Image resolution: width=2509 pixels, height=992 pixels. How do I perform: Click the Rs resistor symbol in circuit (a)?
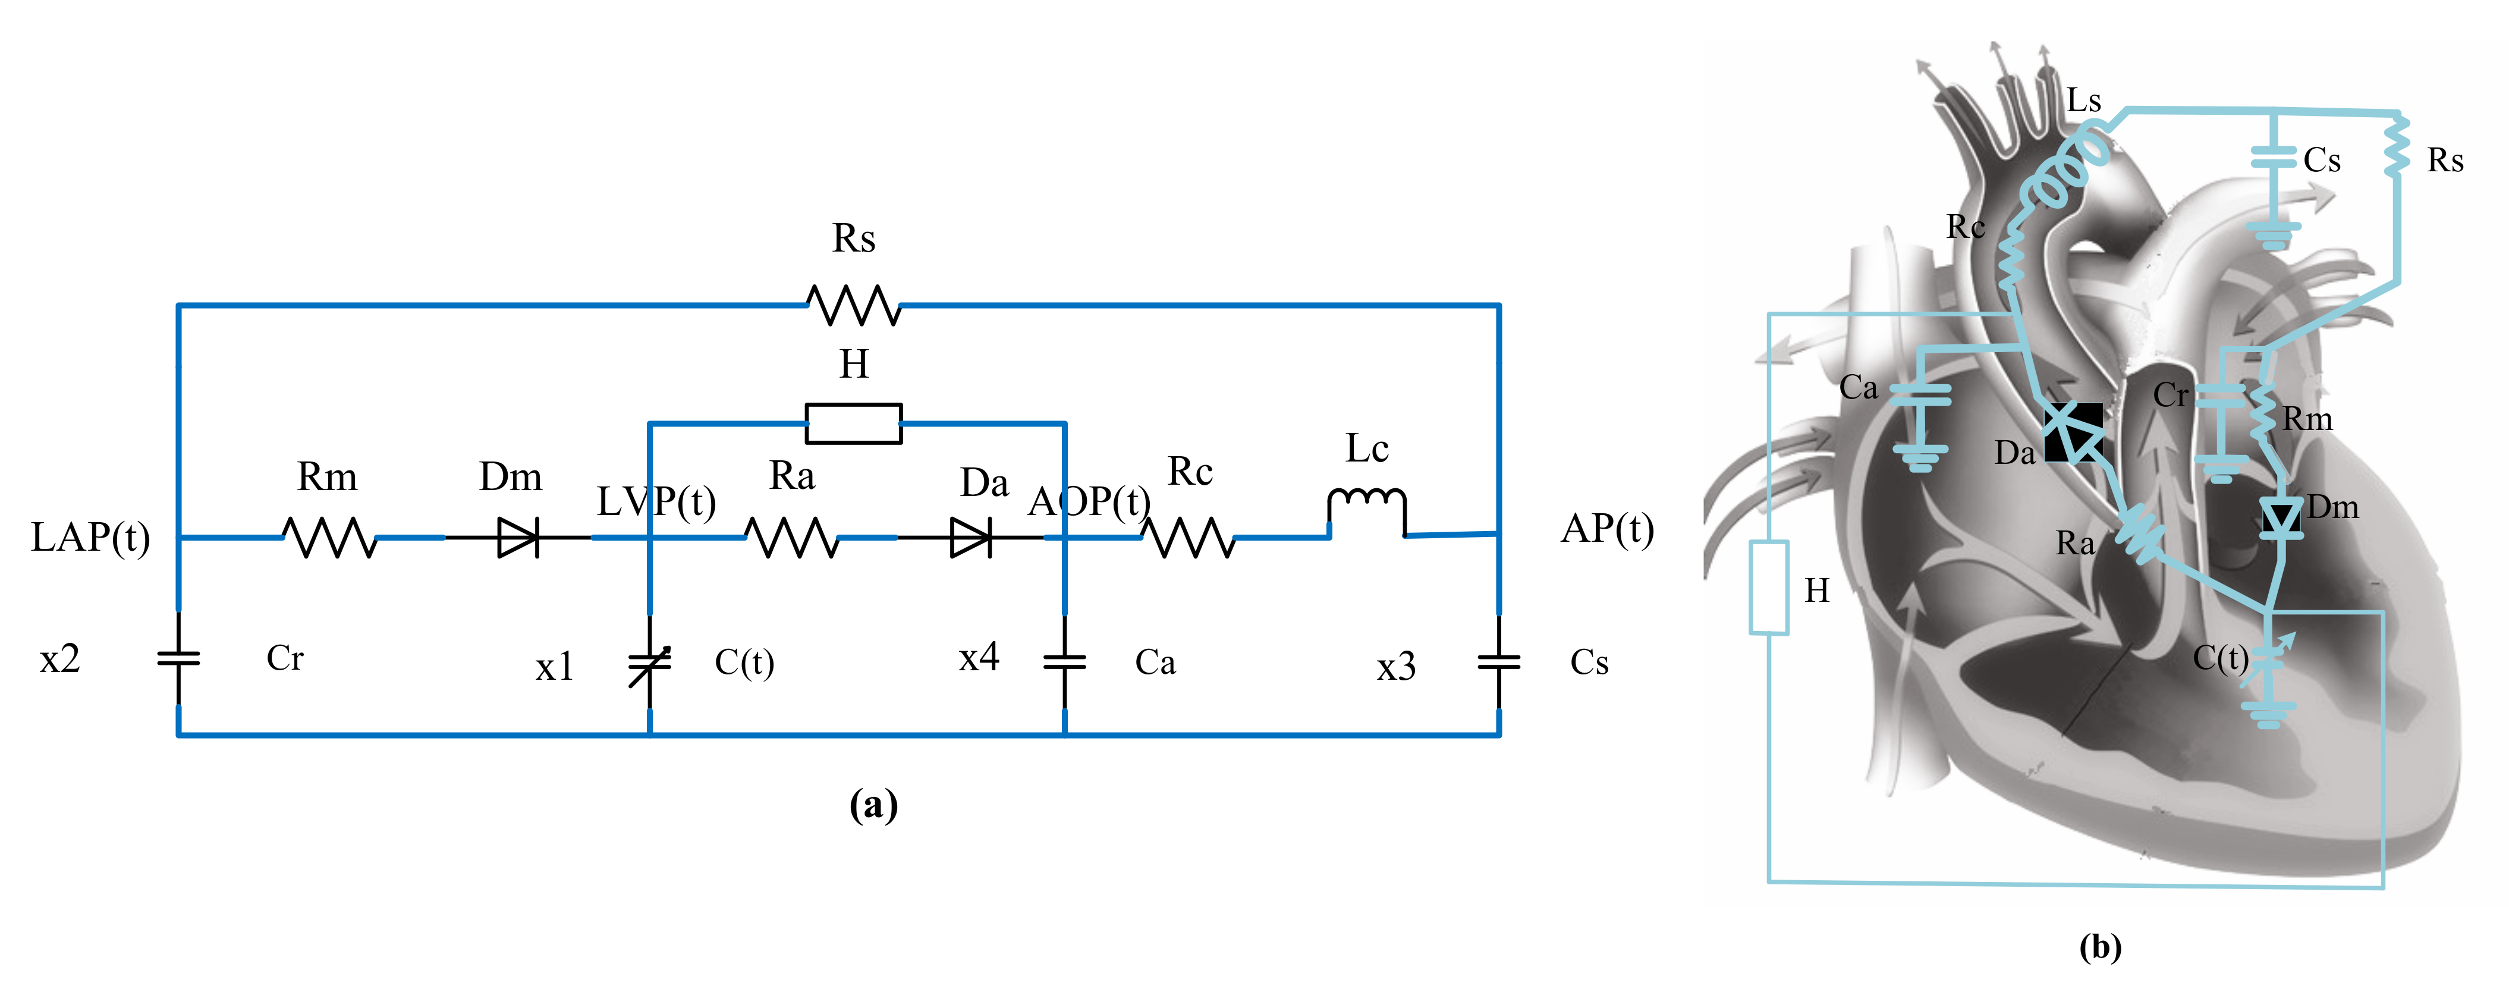pos(854,305)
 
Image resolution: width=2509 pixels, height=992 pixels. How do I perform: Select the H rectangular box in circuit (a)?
pos(854,423)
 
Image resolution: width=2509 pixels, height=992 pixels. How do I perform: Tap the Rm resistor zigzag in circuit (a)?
pos(329,537)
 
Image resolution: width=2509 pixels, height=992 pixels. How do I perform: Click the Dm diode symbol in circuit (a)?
pos(518,537)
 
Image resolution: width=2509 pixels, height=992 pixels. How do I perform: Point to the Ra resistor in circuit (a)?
pos(792,537)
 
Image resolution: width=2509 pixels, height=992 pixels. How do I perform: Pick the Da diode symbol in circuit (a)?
pos(971,537)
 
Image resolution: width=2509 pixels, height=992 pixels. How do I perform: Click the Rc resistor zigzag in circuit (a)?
pos(1189,537)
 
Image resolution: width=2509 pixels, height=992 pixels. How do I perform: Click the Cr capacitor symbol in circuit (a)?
pos(178,659)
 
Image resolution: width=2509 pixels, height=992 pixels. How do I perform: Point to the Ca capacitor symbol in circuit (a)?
pos(1065,663)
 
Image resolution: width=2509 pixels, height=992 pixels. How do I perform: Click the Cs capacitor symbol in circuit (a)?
pos(1499,663)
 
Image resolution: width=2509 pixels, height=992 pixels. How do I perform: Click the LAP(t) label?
pos(90,537)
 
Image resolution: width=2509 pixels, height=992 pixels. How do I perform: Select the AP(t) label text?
pos(1607,529)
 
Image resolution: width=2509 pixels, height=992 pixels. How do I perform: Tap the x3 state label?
pos(1396,667)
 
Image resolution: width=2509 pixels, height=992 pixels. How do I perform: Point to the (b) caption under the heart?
pos(2101,947)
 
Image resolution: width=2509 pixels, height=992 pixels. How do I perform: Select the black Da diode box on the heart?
pos(2073,432)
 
